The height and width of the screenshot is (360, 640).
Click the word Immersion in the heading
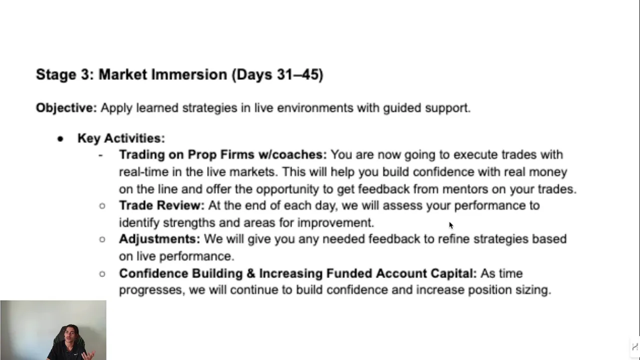click(x=189, y=74)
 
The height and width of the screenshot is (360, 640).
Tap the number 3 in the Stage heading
click(x=85, y=74)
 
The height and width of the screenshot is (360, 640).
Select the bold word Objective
click(x=66, y=108)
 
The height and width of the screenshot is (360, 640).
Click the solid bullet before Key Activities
click(x=60, y=139)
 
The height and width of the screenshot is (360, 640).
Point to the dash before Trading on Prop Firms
click(x=100, y=155)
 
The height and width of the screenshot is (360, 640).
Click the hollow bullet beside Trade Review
click(x=102, y=205)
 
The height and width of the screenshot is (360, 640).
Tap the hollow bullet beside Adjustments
click(x=102, y=239)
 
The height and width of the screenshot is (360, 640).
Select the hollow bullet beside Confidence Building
click(x=102, y=273)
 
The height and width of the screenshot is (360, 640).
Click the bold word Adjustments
click(x=159, y=239)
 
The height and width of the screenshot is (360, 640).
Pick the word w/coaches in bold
click(x=292, y=154)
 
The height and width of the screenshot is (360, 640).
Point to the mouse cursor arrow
click(x=451, y=225)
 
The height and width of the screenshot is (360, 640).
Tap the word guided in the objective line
click(x=402, y=108)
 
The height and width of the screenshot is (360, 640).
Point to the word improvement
click(x=335, y=223)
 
